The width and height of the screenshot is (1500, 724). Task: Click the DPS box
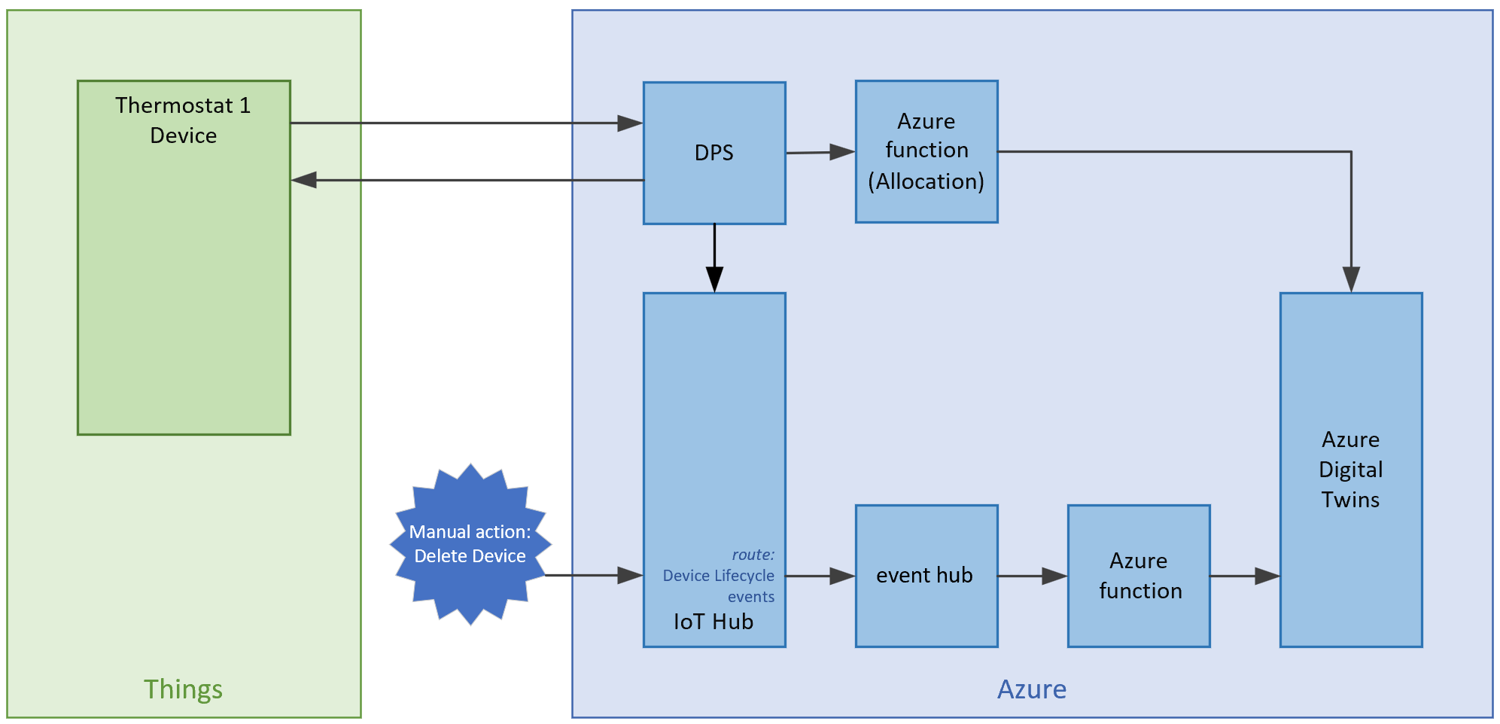click(x=713, y=153)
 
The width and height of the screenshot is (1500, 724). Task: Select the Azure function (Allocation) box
click(x=926, y=151)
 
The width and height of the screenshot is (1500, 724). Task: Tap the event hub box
click(x=926, y=576)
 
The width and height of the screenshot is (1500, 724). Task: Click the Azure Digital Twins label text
click(x=1350, y=470)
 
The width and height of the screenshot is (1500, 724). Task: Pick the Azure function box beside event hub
click(x=1139, y=576)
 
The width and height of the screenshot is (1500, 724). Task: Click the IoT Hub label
click(x=713, y=622)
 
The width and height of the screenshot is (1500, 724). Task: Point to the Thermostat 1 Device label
click(x=183, y=120)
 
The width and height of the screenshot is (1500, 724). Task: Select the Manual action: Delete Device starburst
click(x=470, y=544)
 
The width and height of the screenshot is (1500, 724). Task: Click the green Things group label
click(x=183, y=689)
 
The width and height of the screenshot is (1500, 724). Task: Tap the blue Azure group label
click(x=1031, y=689)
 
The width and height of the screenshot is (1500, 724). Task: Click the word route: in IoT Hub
click(x=753, y=555)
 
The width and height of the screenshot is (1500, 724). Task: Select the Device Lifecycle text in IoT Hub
click(x=718, y=576)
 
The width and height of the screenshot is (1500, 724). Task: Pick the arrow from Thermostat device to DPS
click(x=467, y=123)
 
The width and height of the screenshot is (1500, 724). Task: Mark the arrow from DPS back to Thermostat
click(x=467, y=180)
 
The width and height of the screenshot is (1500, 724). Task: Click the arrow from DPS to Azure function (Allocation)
click(x=820, y=153)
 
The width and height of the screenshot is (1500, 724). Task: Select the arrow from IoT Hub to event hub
click(x=820, y=576)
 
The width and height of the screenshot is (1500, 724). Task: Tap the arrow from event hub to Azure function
click(x=1033, y=576)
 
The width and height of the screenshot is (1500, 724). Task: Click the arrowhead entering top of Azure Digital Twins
click(x=1351, y=280)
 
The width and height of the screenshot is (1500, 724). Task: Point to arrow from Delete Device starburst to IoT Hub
click(x=595, y=576)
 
